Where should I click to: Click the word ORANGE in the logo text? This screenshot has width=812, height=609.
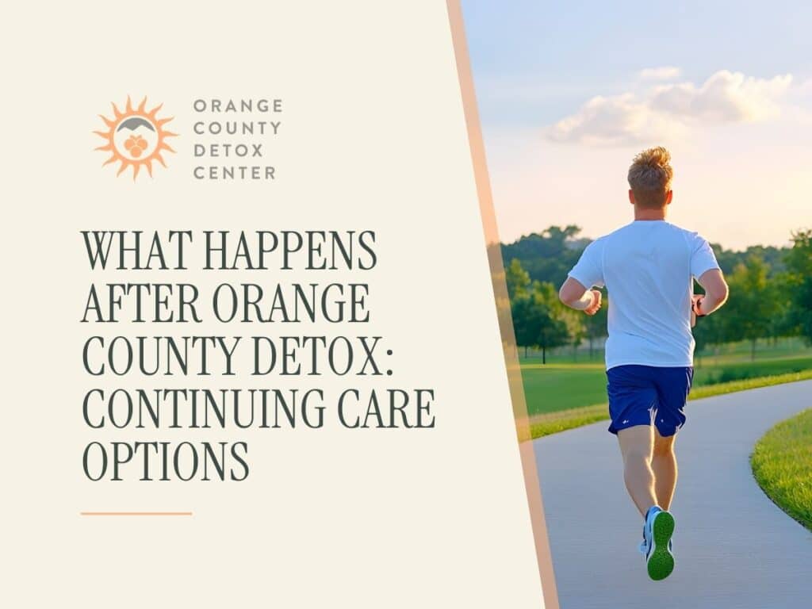[237, 105]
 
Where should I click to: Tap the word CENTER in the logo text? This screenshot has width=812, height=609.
[234, 173]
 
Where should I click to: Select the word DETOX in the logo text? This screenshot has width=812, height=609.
[228, 151]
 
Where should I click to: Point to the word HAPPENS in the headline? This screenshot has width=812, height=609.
[290, 251]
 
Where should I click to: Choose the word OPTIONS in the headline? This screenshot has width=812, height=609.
[166, 462]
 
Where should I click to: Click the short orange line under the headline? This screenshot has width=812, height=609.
[136, 514]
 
